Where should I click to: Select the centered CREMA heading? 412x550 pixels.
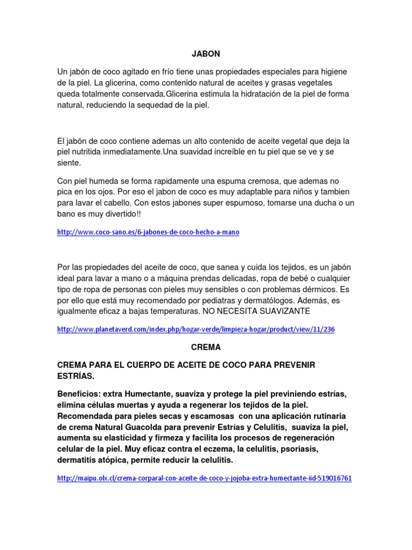click(x=206, y=347)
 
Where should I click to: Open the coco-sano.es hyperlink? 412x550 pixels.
click(x=148, y=232)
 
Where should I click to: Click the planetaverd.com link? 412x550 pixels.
click(x=196, y=329)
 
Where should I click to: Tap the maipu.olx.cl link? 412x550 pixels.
click(x=204, y=477)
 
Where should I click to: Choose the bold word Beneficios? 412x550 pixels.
click(x=79, y=393)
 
